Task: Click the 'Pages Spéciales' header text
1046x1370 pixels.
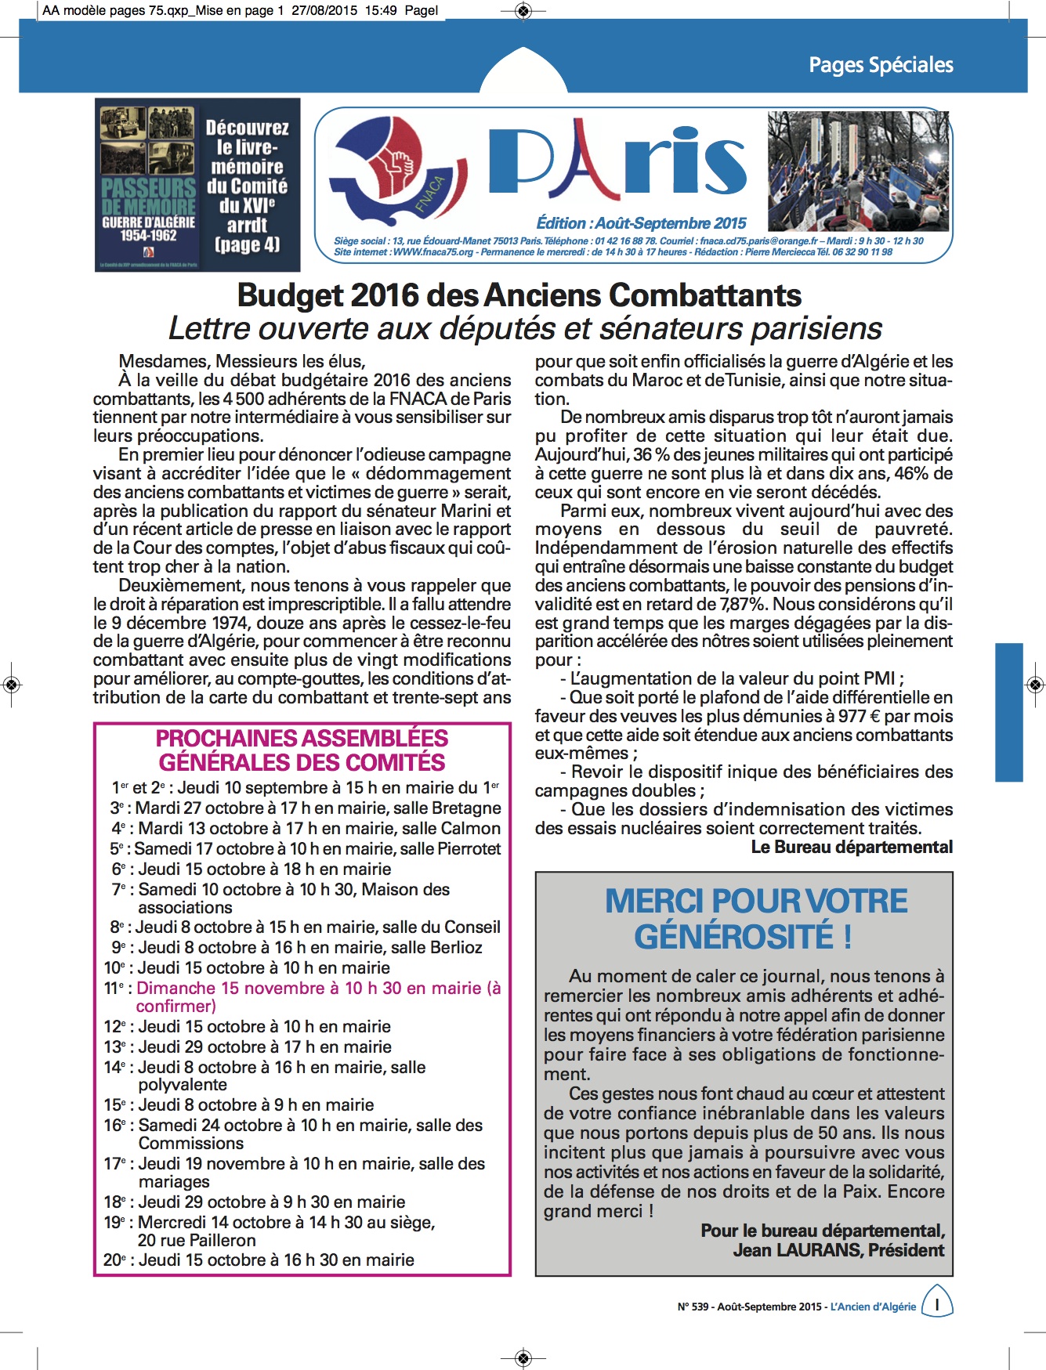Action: point(881,65)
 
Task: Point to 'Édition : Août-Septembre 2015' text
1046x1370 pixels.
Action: point(641,223)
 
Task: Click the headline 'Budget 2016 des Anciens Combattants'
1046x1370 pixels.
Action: point(519,295)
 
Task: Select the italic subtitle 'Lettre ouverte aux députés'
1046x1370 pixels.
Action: point(525,329)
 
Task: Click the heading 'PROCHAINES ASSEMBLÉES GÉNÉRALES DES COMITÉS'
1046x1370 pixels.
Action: point(302,750)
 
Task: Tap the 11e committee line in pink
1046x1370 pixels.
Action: point(302,996)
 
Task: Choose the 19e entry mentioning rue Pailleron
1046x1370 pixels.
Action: point(270,1231)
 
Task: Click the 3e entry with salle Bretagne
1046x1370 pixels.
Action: point(306,808)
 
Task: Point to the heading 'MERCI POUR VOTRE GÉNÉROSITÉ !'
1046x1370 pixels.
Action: point(756,918)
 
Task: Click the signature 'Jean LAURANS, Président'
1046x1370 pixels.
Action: point(838,1250)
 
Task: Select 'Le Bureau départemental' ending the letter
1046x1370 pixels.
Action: point(852,847)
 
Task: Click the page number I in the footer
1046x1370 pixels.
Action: point(937,1305)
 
